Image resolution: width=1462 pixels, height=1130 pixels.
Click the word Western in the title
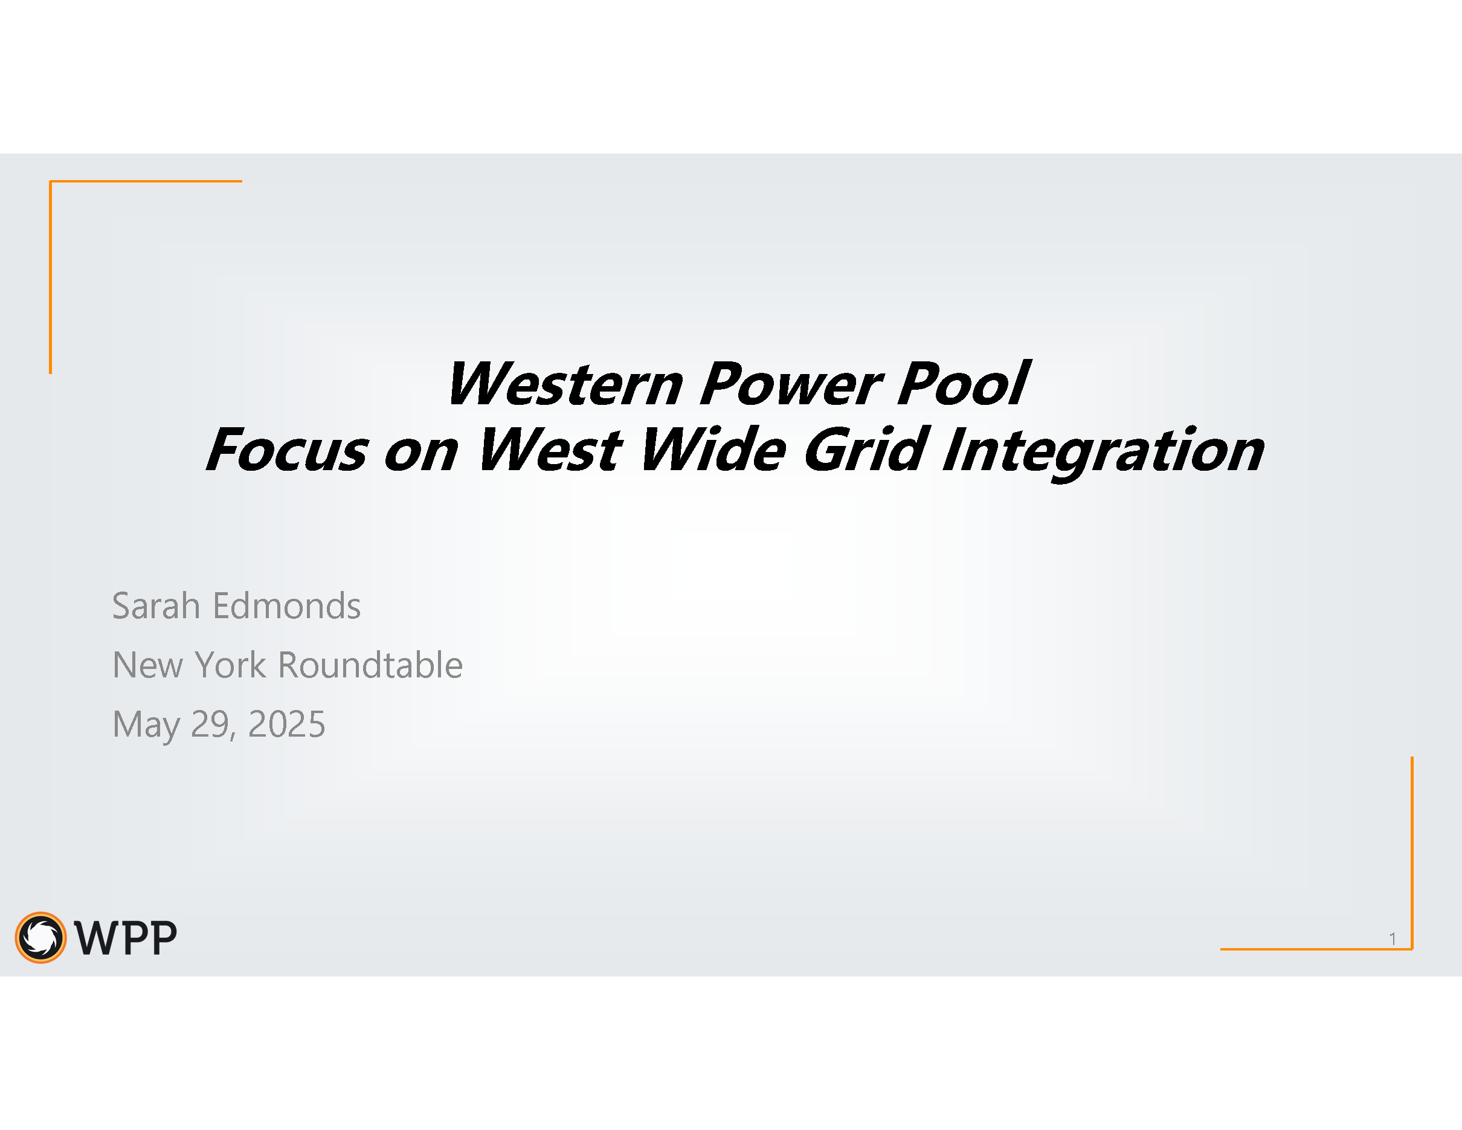(x=565, y=384)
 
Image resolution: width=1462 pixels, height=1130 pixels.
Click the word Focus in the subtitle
(x=286, y=450)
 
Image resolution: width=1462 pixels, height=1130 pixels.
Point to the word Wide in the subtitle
(x=712, y=448)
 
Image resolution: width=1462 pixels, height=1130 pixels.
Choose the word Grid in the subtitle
(x=866, y=448)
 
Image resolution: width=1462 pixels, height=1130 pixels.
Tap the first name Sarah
(x=156, y=607)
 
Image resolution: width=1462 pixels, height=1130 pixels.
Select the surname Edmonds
(x=286, y=607)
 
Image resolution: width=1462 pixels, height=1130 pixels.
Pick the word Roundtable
(x=370, y=665)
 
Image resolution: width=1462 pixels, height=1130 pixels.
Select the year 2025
(x=286, y=725)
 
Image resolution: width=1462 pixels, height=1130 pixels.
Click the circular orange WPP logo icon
(x=41, y=938)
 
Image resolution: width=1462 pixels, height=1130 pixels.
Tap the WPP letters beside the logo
(x=126, y=938)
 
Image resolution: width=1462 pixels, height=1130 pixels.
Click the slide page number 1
(x=1393, y=939)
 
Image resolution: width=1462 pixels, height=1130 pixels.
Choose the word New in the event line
(x=147, y=665)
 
